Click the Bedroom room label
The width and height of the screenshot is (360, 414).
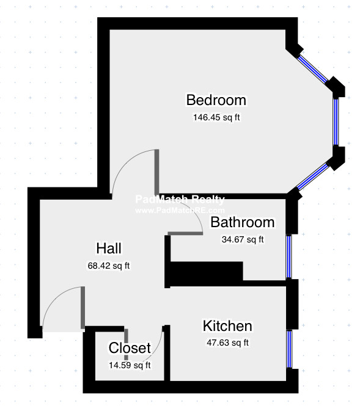click(216, 100)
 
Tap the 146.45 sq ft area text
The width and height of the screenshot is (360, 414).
click(216, 117)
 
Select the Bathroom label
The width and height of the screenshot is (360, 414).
click(243, 222)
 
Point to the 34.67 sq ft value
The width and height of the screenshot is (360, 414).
click(243, 239)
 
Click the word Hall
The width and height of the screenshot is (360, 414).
click(109, 249)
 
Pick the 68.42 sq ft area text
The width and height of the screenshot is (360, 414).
click(109, 266)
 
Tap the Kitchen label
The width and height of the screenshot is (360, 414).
click(227, 326)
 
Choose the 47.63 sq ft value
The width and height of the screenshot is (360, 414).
click(227, 343)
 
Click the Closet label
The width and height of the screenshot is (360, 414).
click(130, 348)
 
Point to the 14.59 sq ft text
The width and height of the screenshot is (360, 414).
click(130, 365)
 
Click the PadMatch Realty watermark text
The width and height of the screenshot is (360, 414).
click(180, 199)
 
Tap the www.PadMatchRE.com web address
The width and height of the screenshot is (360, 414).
click(180, 211)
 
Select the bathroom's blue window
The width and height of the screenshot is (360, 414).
click(289, 256)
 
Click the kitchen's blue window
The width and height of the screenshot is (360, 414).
click(289, 349)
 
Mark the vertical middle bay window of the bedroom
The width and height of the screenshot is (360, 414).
click(336, 122)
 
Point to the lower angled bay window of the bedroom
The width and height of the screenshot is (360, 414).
click(313, 176)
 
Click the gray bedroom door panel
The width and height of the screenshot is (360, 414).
click(156, 172)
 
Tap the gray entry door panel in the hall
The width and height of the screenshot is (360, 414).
click(83, 308)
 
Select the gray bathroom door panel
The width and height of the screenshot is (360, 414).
click(185, 233)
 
